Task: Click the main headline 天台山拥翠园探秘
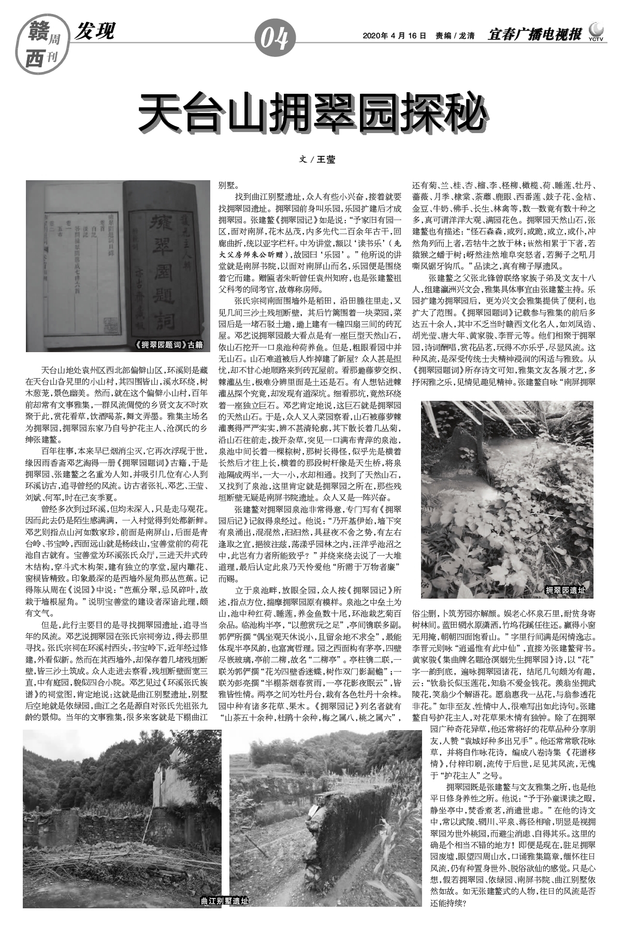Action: point(312,112)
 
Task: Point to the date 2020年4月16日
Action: point(394,36)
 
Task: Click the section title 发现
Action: point(95,32)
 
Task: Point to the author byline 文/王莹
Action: point(317,160)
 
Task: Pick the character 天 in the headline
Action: point(158,112)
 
